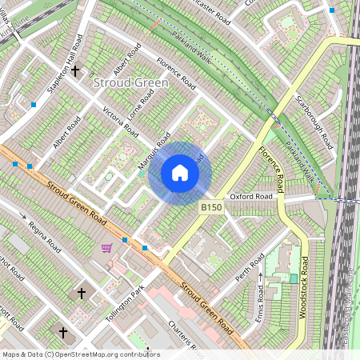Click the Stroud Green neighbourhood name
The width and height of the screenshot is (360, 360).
pyautogui.click(x=130, y=82)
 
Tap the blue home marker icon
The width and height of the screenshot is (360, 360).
pyautogui.click(x=180, y=173)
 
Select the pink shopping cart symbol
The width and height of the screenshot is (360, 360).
pyautogui.click(x=106, y=248)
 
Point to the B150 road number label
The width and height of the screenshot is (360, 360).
pyautogui.click(x=210, y=207)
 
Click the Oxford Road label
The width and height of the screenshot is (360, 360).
pyautogui.click(x=252, y=196)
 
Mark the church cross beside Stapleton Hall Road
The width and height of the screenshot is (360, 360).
pyautogui.click(x=76, y=71)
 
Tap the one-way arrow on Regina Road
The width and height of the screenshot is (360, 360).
pyautogui.click(x=23, y=216)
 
